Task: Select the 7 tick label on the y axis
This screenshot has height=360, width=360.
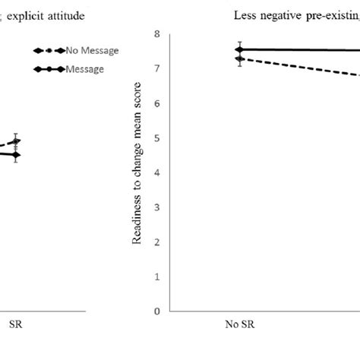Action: point(156,69)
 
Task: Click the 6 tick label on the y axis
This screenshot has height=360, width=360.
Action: point(156,104)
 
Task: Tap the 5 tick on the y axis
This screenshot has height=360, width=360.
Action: point(156,138)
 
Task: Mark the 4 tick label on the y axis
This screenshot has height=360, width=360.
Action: point(156,173)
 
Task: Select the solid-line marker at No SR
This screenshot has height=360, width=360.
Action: point(241,49)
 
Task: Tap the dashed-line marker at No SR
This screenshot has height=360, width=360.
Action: point(241,58)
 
